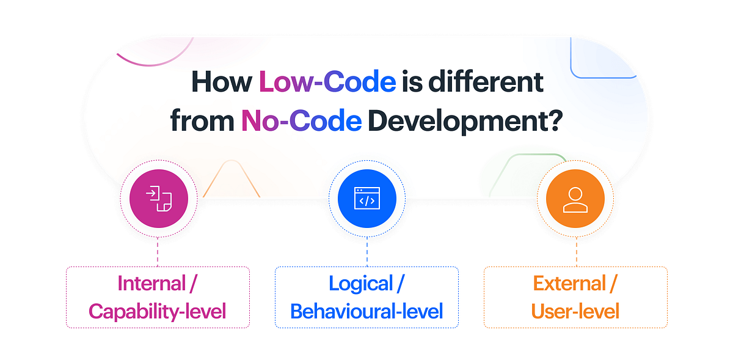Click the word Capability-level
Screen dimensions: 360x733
tap(158, 311)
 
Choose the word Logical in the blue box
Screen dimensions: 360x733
tap(360, 284)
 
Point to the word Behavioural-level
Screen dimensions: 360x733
tap(366, 311)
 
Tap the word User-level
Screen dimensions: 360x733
tap(575, 311)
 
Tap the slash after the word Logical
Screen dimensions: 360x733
tap(401, 284)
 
